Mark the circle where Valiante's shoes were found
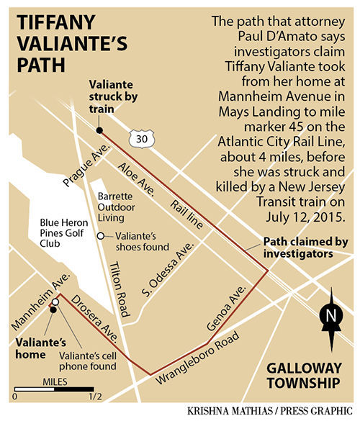(101, 237)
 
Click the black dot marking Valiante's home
(52, 310)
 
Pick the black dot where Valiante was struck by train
(99, 130)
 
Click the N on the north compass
(330, 314)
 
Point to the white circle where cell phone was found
(55, 301)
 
